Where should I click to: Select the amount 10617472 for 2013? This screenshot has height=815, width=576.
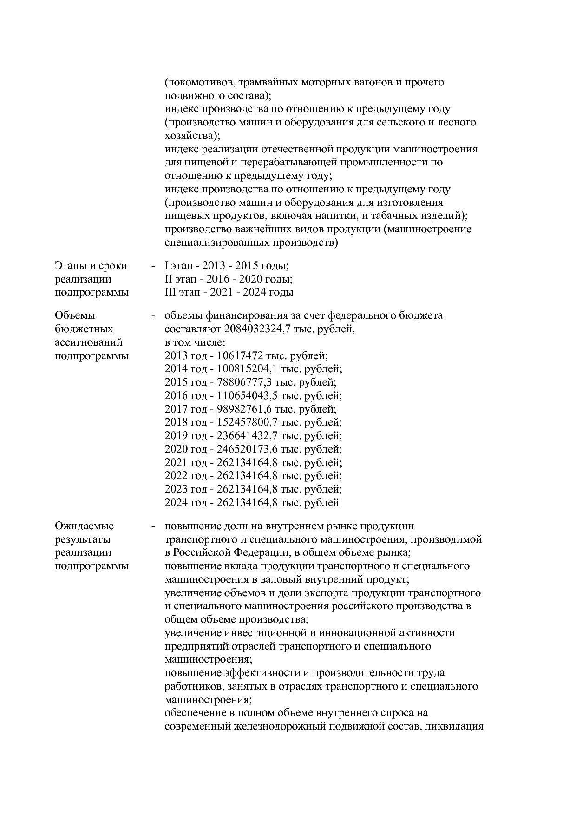[x=240, y=356]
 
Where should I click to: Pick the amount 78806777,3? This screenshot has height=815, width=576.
[x=244, y=382]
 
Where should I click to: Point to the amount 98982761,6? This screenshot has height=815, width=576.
[x=244, y=409]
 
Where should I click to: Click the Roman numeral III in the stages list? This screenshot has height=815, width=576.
[x=170, y=292]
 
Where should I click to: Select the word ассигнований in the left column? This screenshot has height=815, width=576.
[x=89, y=342]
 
